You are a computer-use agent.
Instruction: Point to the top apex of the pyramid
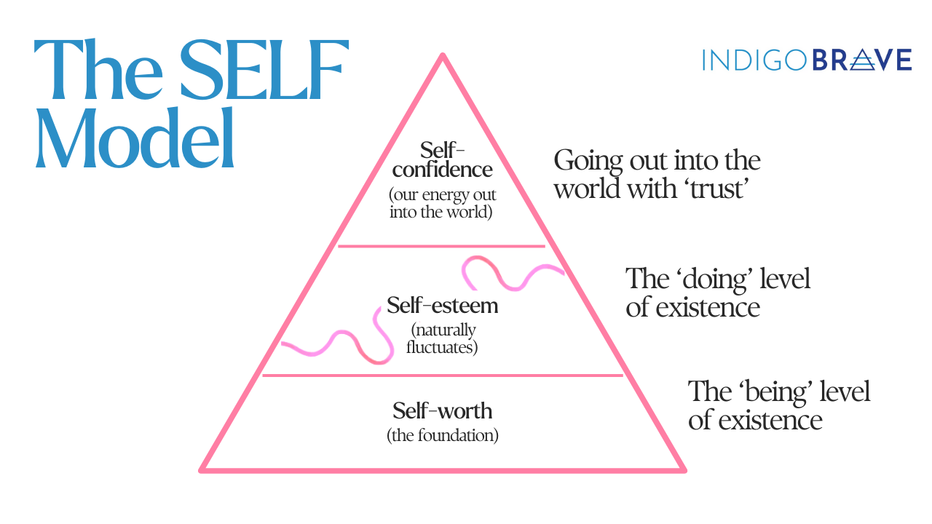[442, 56]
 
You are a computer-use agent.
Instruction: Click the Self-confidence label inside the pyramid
[442, 160]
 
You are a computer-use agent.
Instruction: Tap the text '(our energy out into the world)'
[441, 204]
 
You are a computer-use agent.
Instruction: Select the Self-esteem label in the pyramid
[442, 305]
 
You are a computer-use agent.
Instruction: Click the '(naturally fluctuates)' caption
[442, 338]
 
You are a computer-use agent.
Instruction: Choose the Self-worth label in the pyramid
[442, 411]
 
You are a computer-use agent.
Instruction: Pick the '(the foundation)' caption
[442, 437]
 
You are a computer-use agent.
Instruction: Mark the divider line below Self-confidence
[441, 247]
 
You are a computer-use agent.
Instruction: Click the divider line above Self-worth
[442, 376]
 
